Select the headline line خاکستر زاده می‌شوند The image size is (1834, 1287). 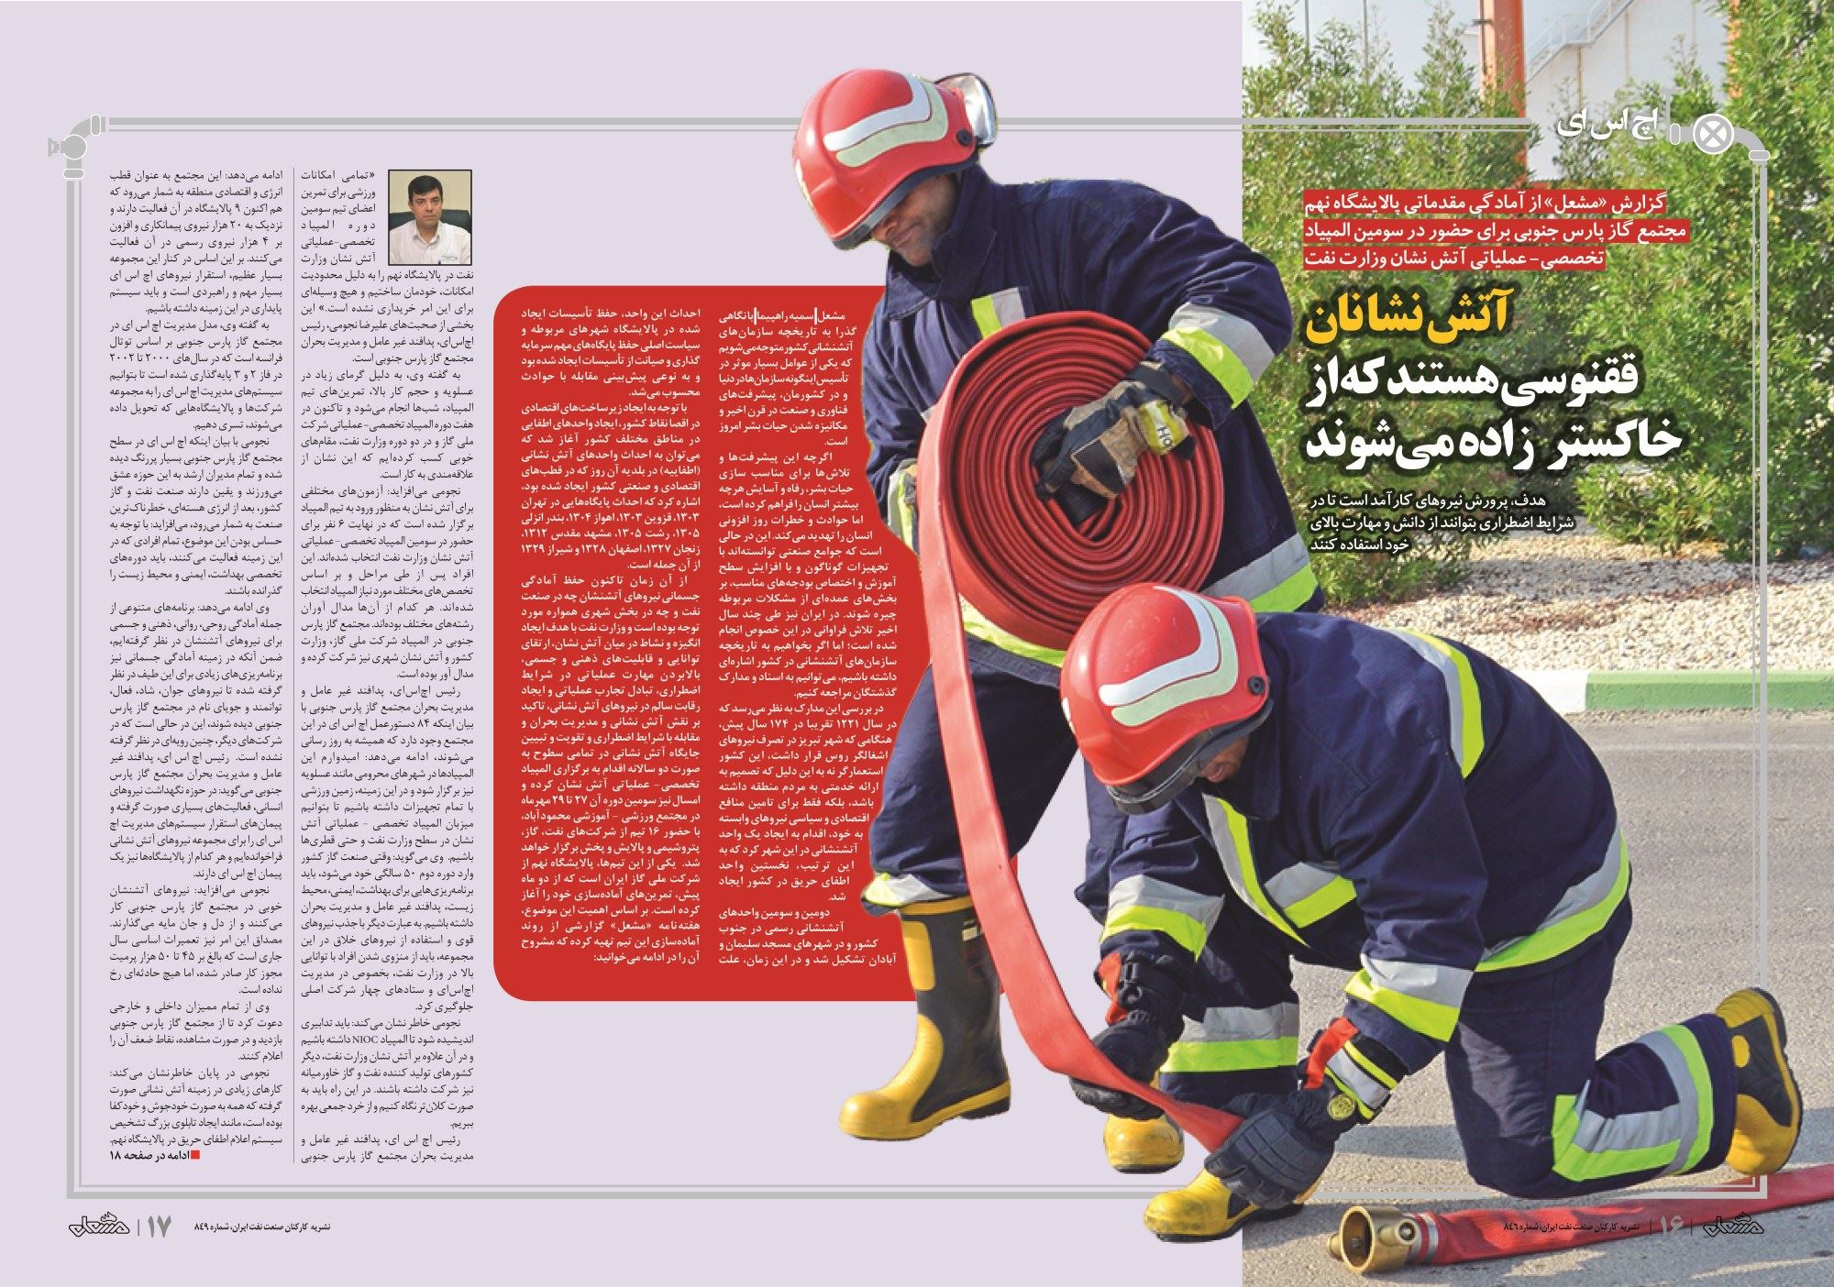(1495, 438)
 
